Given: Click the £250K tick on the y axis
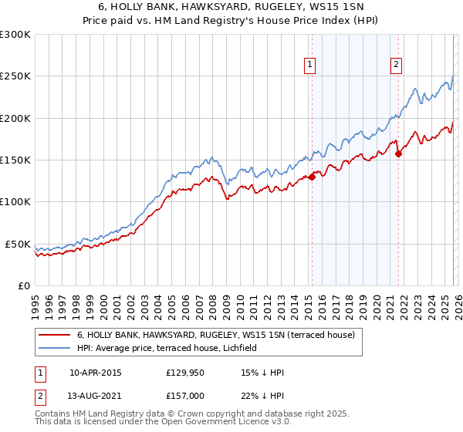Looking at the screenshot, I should pyautogui.click(x=15, y=76).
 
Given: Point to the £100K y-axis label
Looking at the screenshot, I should pyautogui.click(x=15, y=202).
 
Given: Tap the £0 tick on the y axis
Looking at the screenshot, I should pyautogui.click(x=23, y=285).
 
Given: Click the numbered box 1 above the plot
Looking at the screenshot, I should pyautogui.click(x=309, y=66).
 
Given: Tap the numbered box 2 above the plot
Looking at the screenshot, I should pyautogui.click(x=396, y=66).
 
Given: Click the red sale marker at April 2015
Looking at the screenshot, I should pyautogui.click(x=313, y=177).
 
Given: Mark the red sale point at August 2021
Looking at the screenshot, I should pyautogui.click(x=399, y=154).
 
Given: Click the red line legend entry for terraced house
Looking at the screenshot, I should pyautogui.click(x=215, y=335).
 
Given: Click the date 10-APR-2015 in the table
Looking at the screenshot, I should pyautogui.click(x=95, y=373).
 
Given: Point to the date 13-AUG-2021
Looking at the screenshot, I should pyautogui.click(x=95, y=396).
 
